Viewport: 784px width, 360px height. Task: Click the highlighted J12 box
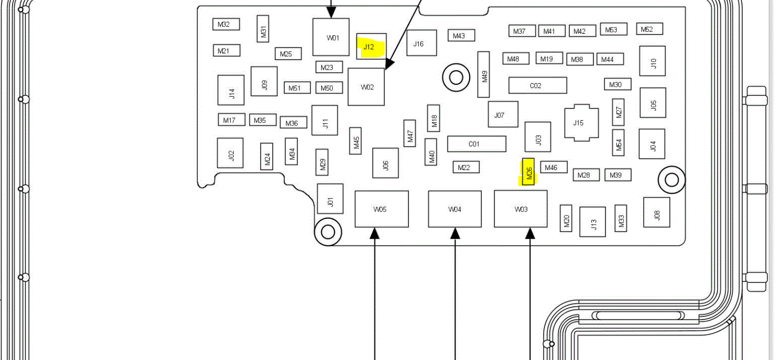371,46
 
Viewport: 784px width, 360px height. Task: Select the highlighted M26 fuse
528,173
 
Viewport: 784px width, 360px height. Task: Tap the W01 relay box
331,37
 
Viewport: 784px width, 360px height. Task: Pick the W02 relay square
366,87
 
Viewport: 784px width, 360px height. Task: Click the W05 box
381,209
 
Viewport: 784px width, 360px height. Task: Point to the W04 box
455,209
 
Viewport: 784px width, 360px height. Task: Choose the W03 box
520,209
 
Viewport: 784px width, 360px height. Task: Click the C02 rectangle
537,86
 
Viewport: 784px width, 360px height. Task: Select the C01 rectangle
476,144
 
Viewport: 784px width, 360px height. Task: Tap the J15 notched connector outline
581,123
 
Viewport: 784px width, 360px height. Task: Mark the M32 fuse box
226,24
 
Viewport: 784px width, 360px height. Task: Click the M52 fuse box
649,29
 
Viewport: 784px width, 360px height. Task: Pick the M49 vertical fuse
484,74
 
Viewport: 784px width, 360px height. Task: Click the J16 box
421,43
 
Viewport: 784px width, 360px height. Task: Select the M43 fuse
461,35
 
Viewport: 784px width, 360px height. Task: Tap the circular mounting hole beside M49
456,77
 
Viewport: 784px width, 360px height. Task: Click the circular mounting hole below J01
328,232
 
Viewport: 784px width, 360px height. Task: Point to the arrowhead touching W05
374,233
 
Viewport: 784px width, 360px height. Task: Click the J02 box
230,153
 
